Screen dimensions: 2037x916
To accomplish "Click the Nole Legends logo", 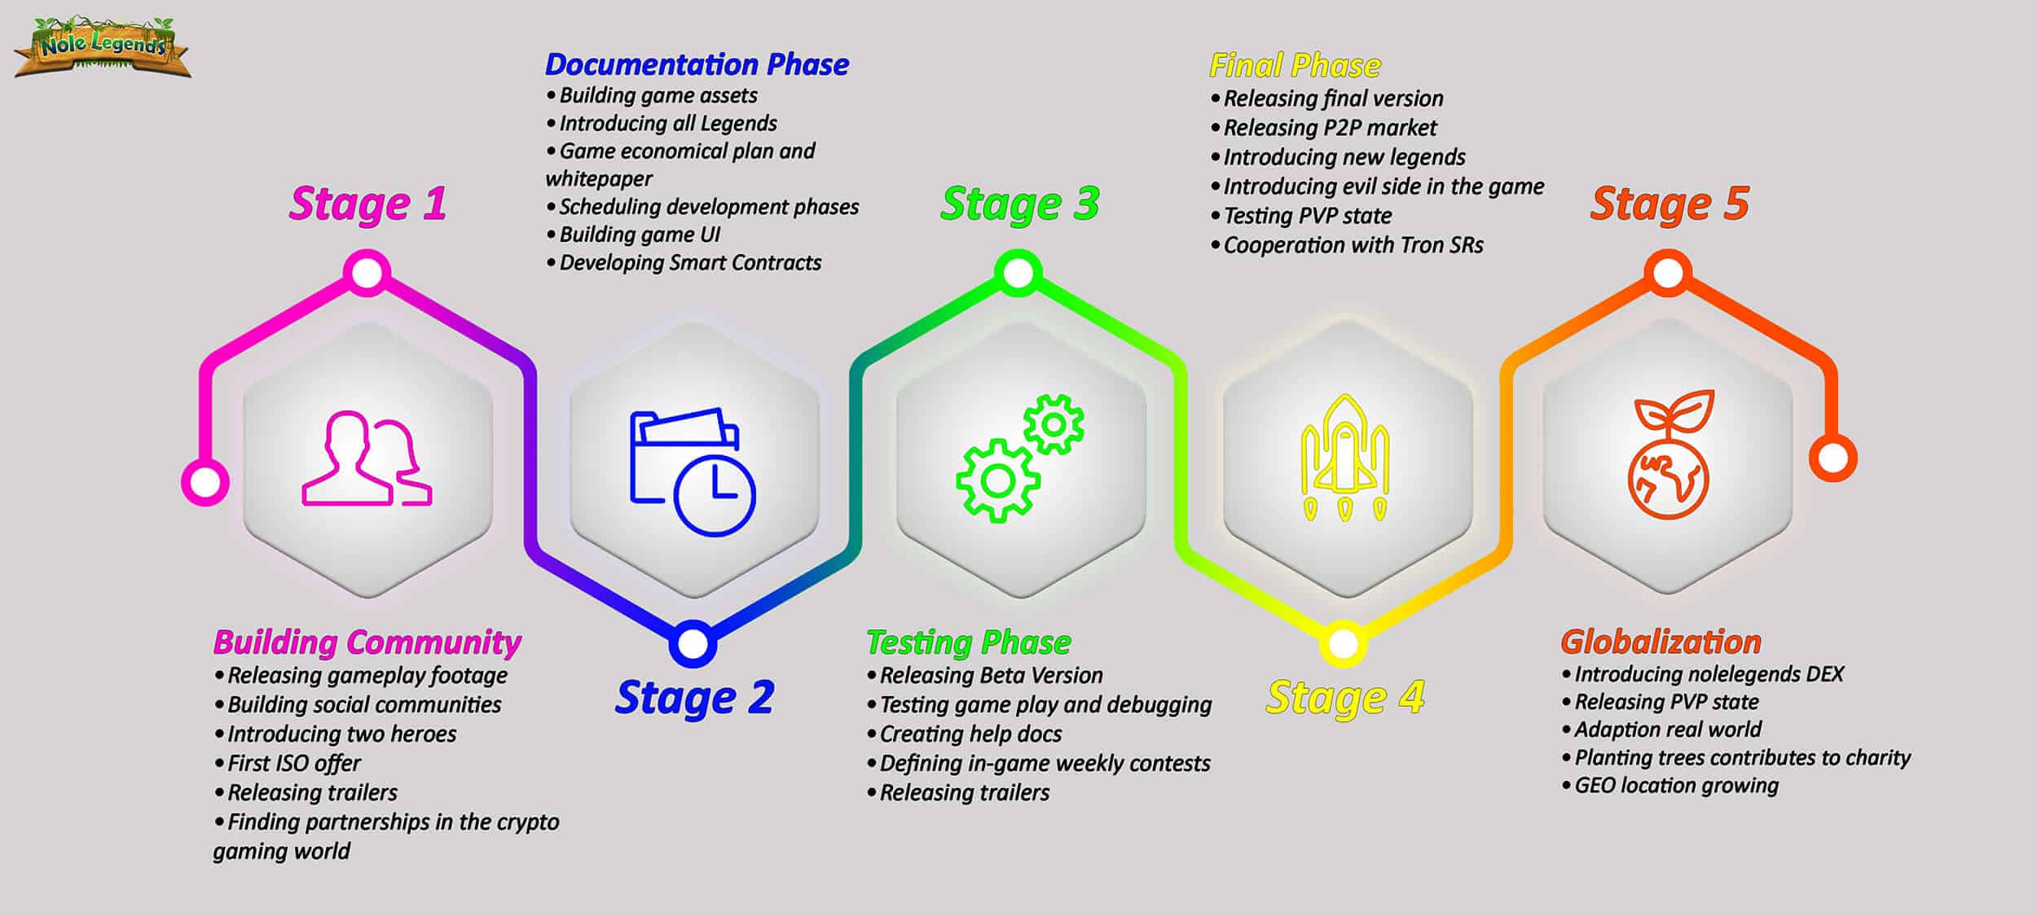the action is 103,47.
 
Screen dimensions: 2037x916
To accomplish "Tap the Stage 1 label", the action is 367,204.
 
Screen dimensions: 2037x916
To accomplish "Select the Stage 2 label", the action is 694,698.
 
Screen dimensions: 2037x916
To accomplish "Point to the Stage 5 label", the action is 1670,204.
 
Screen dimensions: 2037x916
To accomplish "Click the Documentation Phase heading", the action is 697,64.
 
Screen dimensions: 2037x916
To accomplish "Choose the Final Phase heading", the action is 1295,65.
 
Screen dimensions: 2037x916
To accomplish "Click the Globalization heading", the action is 1661,642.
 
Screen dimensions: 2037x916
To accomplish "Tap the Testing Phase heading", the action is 968,643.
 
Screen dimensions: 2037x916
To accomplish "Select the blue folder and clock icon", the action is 693,471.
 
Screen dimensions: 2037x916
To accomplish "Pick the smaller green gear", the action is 1054,424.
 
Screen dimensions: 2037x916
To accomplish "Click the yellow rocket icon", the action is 1344,458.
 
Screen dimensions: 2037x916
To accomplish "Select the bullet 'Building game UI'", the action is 632,235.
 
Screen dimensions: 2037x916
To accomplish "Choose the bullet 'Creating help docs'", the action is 964,734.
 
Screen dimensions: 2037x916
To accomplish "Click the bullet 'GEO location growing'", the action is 1670,786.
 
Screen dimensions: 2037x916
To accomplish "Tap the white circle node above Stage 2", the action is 693,644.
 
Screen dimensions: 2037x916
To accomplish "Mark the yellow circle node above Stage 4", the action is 1343,644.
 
